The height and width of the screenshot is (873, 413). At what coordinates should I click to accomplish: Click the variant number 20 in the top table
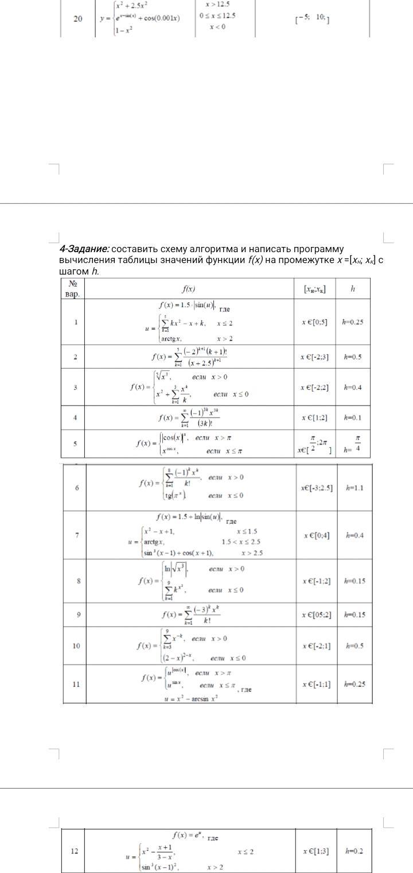coord(78,19)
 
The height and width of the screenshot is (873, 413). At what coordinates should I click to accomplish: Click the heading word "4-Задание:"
coord(84,249)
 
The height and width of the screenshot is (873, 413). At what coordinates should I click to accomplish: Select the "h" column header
coord(352,288)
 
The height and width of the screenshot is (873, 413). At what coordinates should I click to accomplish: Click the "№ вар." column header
coord(73,288)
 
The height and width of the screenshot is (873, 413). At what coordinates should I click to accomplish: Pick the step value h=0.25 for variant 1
coord(352,322)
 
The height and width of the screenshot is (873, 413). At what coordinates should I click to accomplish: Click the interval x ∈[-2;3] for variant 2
coord(315,357)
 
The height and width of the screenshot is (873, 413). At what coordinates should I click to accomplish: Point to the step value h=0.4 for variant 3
coord(352,387)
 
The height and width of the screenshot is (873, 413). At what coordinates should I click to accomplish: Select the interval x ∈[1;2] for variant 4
coord(315,418)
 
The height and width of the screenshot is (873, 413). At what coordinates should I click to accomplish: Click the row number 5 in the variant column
coord(75,443)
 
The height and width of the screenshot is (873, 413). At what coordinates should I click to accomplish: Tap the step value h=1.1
coord(354,488)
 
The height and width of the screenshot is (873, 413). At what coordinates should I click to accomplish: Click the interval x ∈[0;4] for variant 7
coord(317,535)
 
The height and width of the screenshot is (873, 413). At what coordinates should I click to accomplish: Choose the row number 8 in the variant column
coord(78,581)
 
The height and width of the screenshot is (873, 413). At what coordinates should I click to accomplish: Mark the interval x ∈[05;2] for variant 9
coord(317,615)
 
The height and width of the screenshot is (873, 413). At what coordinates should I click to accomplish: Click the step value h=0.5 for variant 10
coord(354,646)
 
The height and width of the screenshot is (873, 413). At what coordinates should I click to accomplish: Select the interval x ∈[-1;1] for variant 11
coord(317,684)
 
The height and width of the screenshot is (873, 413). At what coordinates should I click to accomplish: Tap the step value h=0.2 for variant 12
coord(354,851)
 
